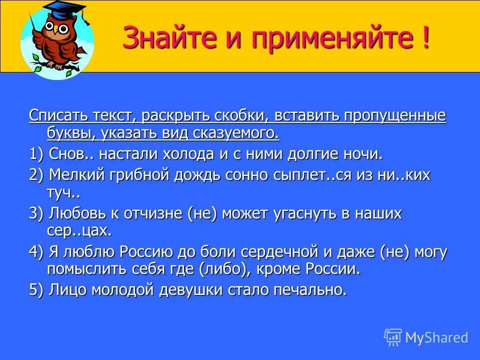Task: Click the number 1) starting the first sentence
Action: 36,153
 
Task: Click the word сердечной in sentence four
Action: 280,252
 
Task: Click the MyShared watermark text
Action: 436,338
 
